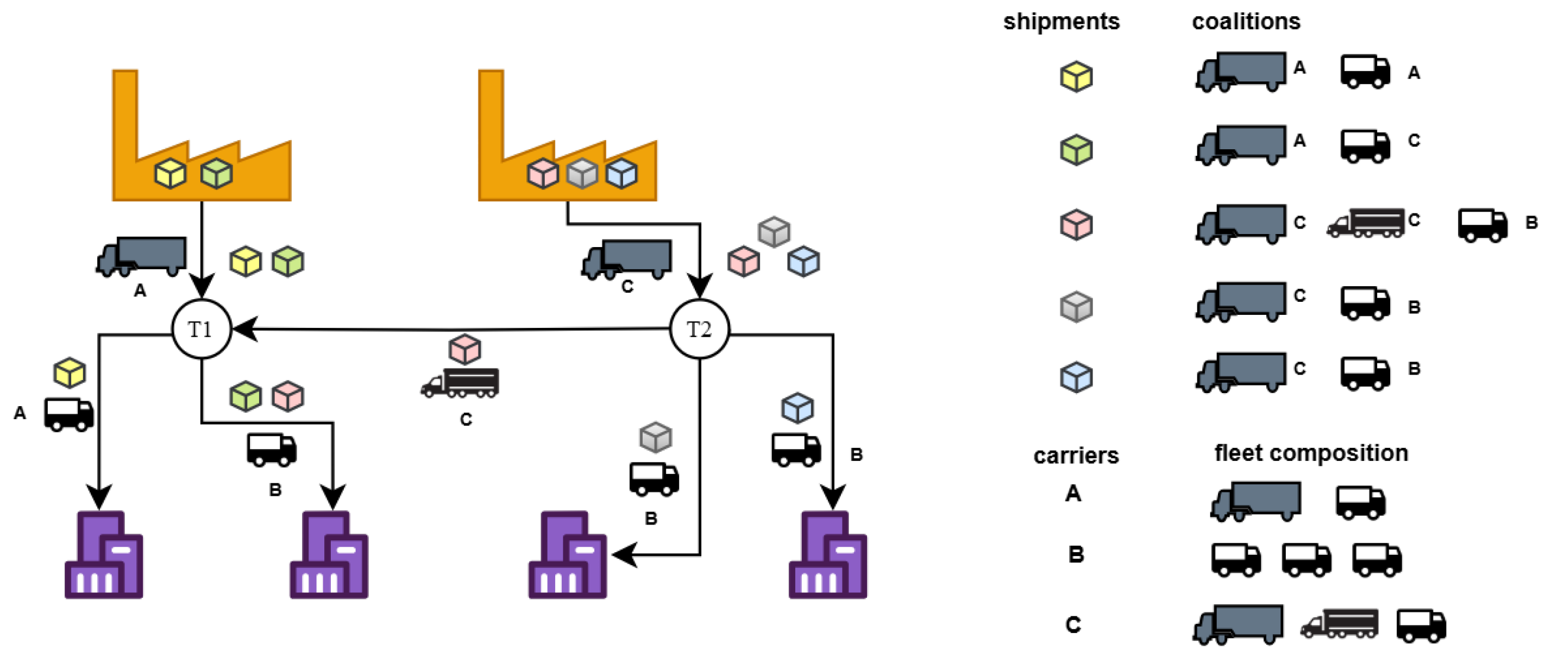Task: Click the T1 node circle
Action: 202,329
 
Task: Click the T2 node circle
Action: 699,329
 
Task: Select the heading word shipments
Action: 1061,22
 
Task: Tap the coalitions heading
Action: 1246,22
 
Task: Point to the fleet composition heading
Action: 1311,453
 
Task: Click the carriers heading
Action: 1076,456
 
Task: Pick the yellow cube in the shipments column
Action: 1077,77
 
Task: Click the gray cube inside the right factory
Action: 582,174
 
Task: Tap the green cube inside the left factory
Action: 217,174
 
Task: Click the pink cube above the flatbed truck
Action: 465,349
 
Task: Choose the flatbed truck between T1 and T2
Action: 460,383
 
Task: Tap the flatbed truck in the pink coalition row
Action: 1366,223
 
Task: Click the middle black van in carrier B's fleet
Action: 1307,559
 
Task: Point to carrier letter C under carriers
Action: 1073,624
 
